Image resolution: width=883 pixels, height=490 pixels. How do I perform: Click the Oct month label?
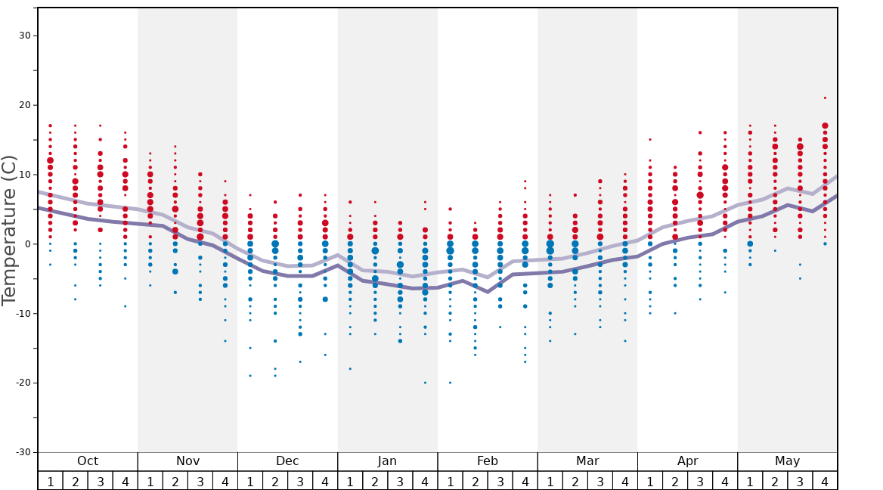coord(88,461)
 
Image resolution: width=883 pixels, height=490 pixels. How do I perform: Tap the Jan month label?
coord(387,461)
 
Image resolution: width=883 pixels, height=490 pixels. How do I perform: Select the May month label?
coord(787,461)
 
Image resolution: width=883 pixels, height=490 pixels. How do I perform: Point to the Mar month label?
coord(587,461)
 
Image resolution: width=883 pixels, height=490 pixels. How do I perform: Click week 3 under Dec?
coord(300,481)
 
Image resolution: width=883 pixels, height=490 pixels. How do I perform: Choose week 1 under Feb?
coord(450,481)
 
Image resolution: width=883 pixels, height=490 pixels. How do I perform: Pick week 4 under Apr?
coord(725,481)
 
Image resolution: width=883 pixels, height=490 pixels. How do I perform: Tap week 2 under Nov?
coord(175,481)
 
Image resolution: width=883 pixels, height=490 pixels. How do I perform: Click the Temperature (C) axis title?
coord(9,230)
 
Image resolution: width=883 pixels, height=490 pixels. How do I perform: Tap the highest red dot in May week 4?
coord(825,98)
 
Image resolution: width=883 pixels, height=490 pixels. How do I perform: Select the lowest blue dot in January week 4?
coord(425,383)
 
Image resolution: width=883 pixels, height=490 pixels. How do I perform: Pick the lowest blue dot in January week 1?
coord(350,368)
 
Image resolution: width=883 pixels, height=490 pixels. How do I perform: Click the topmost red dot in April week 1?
coord(650,139)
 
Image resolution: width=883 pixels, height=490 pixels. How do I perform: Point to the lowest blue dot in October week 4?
coord(125,305)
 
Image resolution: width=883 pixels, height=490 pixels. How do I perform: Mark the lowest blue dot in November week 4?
coord(225,341)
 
